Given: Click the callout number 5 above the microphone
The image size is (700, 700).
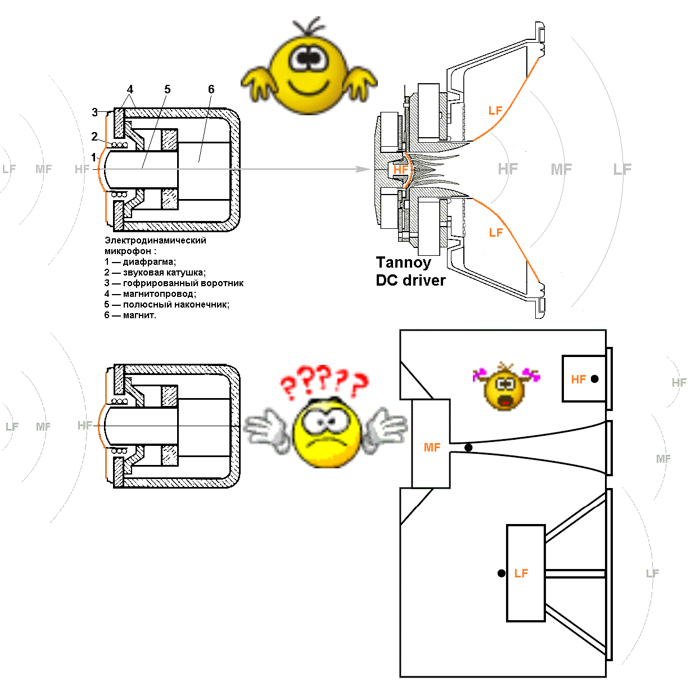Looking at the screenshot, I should pyautogui.click(x=167, y=89).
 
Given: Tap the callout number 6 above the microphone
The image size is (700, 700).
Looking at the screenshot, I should pyautogui.click(x=211, y=89).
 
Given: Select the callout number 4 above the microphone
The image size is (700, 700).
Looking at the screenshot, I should pyautogui.click(x=130, y=89).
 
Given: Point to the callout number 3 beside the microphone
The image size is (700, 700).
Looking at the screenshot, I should pyautogui.click(x=95, y=112).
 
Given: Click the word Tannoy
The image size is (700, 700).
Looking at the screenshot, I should pyautogui.click(x=403, y=263).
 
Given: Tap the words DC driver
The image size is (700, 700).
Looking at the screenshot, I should pyautogui.click(x=410, y=280).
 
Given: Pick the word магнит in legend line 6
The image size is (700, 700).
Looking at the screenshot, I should pyautogui.click(x=138, y=315).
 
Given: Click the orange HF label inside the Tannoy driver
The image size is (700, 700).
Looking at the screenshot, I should pyautogui.click(x=401, y=169).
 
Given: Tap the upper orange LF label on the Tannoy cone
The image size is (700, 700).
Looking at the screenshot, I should pyautogui.click(x=495, y=111).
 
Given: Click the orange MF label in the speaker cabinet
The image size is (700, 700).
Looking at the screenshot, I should pyautogui.click(x=432, y=448).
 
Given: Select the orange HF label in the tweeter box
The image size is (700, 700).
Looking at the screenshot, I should pyautogui.click(x=579, y=380).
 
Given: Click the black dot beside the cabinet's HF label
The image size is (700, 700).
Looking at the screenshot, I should pyautogui.click(x=595, y=379).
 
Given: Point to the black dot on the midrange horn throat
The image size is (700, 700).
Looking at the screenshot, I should pyautogui.click(x=468, y=448).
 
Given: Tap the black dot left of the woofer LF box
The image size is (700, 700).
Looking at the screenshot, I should pyautogui.click(x=502, y=573).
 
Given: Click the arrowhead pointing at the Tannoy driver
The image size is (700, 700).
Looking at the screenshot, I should pyautogui.click(x=365, y=169).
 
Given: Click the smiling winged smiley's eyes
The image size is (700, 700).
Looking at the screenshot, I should pyautogui.click(x=308, y=57).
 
